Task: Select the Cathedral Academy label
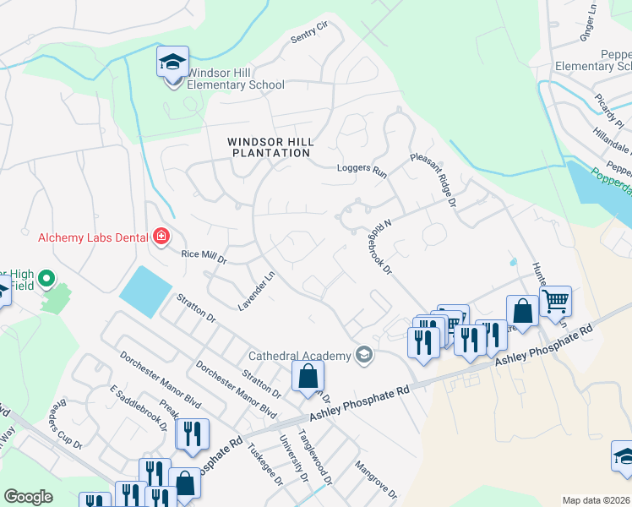click(299, 355)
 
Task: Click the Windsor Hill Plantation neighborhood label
click(270, 147)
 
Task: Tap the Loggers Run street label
click(361, 169)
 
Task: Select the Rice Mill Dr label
click(204, 256)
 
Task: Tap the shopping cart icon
click(556, 300)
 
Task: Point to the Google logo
click(28, 497)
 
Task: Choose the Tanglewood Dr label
click(324, 457)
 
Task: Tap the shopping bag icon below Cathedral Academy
click(308, 375)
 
